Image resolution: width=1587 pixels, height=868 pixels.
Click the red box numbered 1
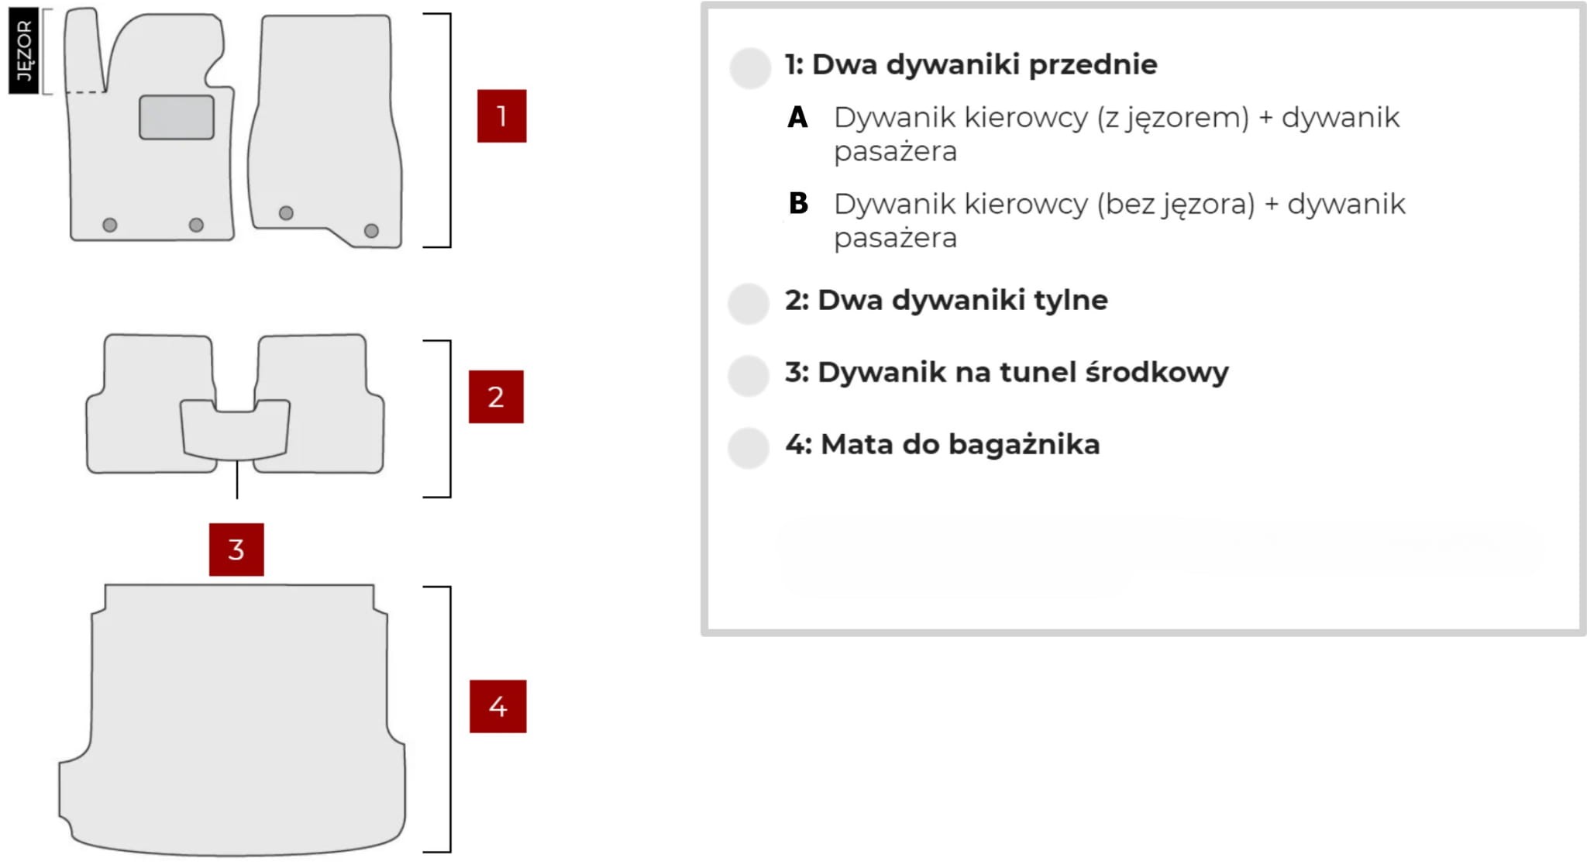click(501, 115)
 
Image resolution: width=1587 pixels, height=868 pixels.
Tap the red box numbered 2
click(496, 396)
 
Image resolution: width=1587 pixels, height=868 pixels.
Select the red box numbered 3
click(236, 549)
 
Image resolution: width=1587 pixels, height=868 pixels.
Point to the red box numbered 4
click(497, 706)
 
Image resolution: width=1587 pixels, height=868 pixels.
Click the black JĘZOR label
click(23, 51)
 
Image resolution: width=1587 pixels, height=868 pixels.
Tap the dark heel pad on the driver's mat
click(177, 118)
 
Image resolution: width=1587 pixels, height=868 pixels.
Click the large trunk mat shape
click(232, 721)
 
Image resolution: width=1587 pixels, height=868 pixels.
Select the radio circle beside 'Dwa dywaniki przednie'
click(750, 67)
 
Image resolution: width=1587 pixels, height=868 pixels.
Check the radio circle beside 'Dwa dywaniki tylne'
click(749, 303)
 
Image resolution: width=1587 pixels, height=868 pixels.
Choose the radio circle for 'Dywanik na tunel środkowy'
click(749, 375)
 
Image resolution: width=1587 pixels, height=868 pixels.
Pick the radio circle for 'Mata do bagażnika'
click(749, 447)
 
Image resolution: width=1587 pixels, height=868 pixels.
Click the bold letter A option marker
click(797, 117)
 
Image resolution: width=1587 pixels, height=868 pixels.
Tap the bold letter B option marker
click(798, 203)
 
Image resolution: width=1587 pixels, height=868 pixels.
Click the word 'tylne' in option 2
click(1073, 300)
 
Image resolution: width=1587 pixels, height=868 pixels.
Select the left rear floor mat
click(147, 403)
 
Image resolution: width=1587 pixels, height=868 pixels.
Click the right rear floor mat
click(322, 403)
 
